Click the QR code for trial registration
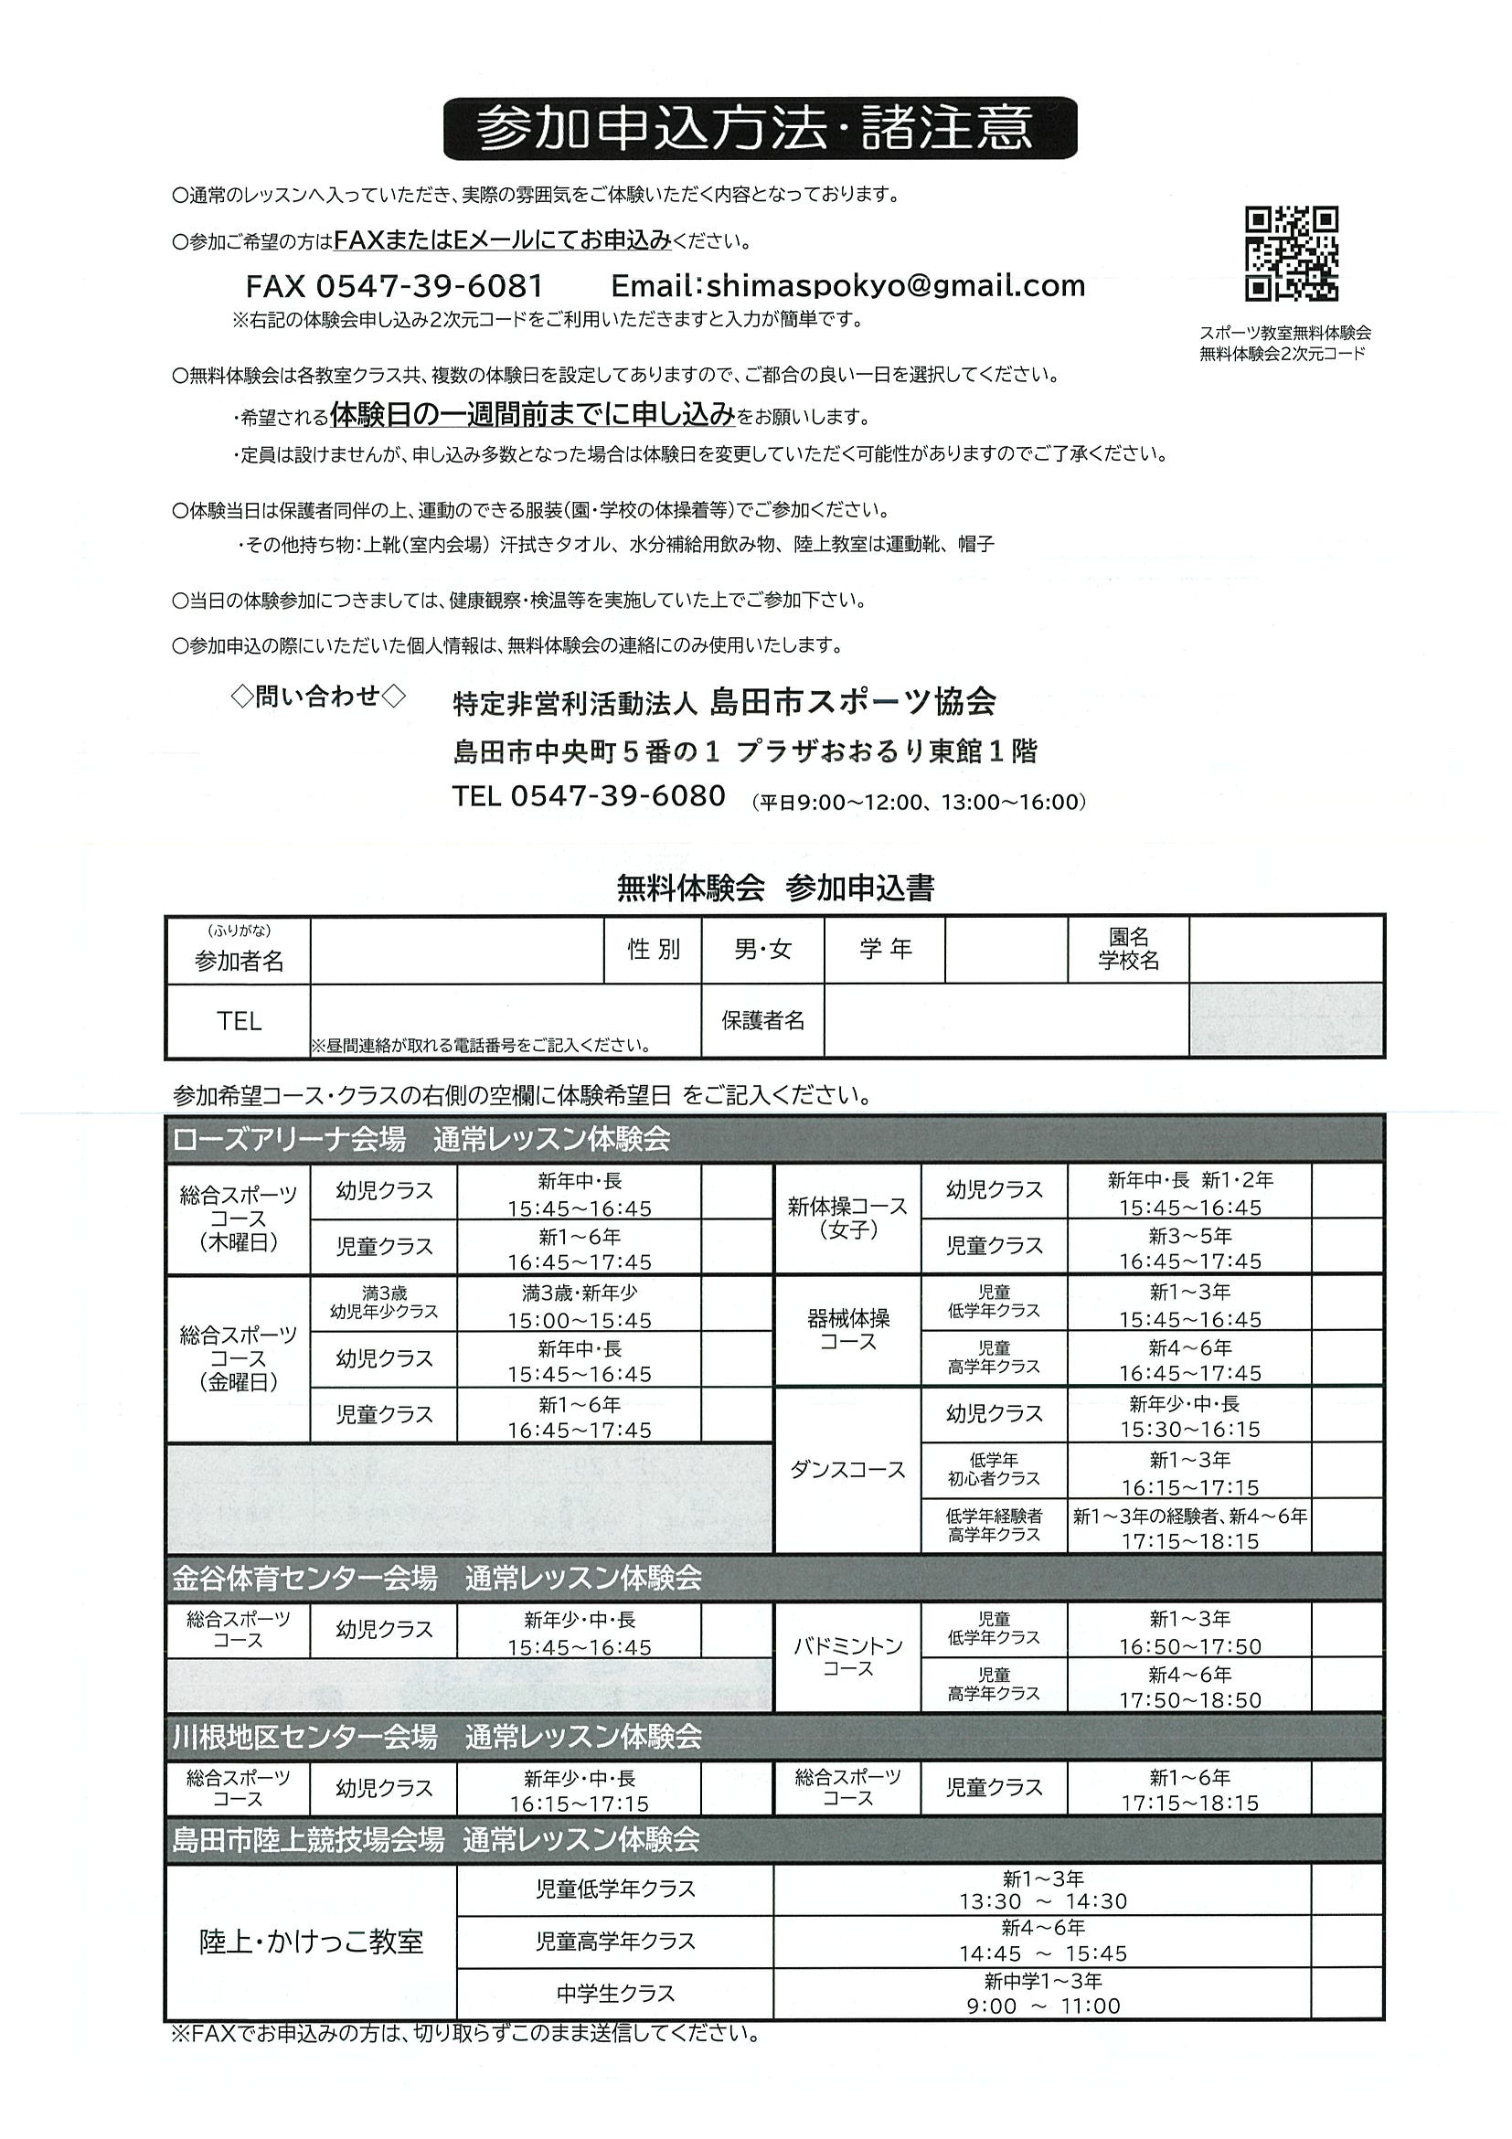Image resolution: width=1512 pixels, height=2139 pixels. pos(1291,253)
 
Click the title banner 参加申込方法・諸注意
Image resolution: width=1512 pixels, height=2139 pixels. pos(760,129)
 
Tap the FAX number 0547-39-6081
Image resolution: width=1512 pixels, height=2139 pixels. pos(395,285)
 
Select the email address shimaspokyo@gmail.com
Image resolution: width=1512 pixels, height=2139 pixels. pos(847,285)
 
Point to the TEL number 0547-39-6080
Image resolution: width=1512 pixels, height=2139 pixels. pos(589,796)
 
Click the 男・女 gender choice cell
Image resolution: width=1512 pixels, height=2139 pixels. pos(762,950)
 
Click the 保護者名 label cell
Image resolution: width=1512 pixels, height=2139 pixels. pos(762,1020)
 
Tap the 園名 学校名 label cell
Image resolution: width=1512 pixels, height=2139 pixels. pos(1127,950)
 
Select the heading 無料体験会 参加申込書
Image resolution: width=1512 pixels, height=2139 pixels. pos(775,888)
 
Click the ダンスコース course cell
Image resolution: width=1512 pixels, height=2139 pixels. pos(847,1469)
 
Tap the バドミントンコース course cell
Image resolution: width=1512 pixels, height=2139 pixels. pos(847,1657)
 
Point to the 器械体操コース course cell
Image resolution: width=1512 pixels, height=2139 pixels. pos(847,1329)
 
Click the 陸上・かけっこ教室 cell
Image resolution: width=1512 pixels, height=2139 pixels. pos(311,1942)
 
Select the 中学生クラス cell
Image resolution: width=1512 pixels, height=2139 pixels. pos(615,1995)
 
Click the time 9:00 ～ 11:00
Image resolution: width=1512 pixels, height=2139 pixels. pos(1042,2006)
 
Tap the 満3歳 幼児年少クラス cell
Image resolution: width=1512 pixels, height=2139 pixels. pos(383,1303)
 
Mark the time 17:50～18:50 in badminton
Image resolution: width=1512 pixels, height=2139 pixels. pos(1189,1699)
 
